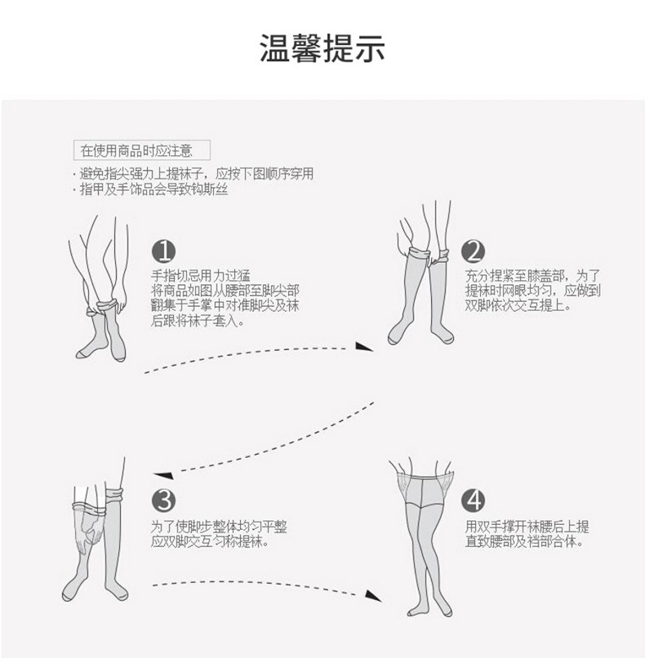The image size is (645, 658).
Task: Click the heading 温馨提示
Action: click(x=322, y=48)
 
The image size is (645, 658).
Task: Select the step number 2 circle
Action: click(x=473, y=251)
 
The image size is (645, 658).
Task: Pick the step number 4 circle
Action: click(x=473, y=499)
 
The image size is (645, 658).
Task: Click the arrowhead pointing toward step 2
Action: click(x=366, y=347)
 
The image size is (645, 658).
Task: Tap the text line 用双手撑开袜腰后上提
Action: click(x=527, y=525)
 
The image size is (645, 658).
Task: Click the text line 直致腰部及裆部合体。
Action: click(x=523, y=540)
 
